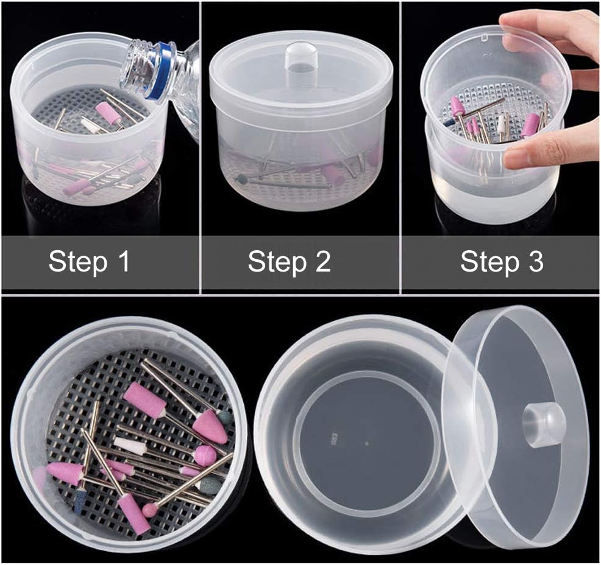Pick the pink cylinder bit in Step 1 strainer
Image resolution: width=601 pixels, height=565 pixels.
(108, 113)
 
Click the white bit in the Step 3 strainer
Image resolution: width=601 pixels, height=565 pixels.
(502, 125)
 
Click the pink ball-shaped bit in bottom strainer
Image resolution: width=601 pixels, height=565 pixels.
(204, 455)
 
